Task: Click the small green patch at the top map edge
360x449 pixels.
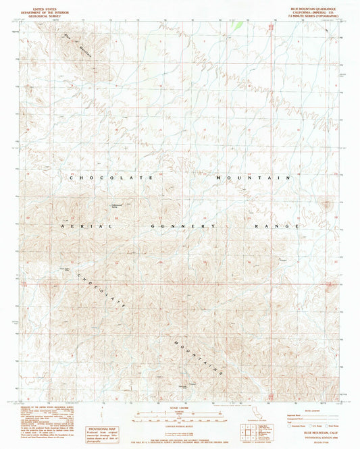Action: coord(238,26)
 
